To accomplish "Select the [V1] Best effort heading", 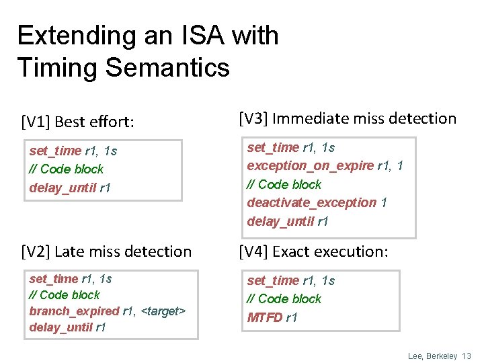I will point(78,122).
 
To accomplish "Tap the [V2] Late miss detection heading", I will point(106,251).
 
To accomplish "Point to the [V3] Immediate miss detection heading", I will point(348,119).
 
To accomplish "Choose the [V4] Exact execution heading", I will point(314,251).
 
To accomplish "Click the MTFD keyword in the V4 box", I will point(264,317).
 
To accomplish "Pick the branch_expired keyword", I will point(74,311).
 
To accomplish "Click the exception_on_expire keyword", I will point(310,166).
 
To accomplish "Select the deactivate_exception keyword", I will point(311,202).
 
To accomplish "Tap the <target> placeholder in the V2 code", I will point(163,311).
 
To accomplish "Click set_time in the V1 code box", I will point(54,151).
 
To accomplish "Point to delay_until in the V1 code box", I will point(63,188).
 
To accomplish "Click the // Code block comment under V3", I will point(284,184).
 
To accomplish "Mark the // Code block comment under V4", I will point(284,299).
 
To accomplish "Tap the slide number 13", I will point(465,356).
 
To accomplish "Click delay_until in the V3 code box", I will point(280,221).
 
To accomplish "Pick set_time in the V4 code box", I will point(272,281).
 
